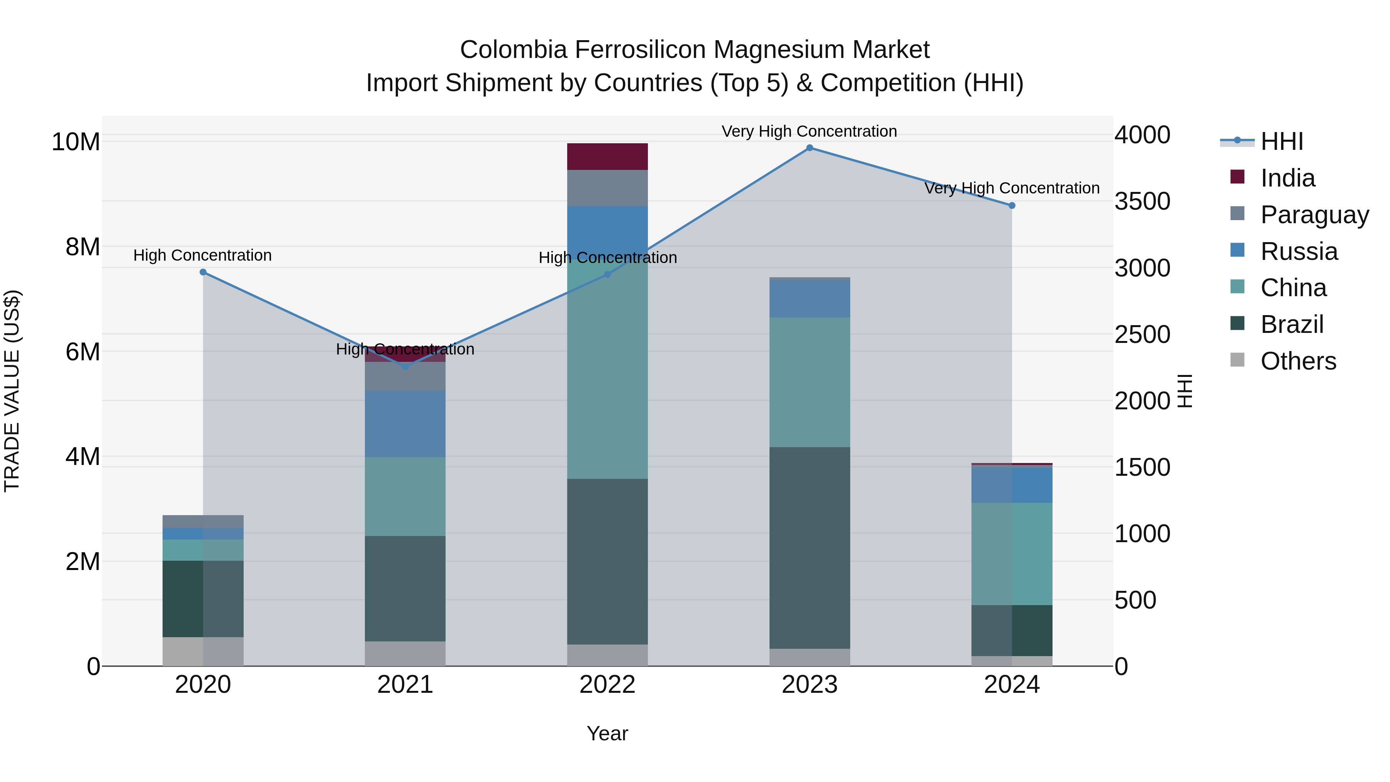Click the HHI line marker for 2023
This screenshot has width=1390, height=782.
[x=809, y=148]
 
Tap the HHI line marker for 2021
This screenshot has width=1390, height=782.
[x=405, y=366]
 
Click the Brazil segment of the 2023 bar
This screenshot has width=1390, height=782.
[x=809, y=547]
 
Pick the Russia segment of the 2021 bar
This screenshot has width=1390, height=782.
[x=405, y=424]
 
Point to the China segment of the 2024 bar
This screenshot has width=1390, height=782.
[x=1012, y=554]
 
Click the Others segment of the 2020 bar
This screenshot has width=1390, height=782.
[x=203, y=651]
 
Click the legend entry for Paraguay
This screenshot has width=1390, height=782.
[x=1314, y=215]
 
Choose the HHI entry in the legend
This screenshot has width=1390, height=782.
[x=1282, y=141]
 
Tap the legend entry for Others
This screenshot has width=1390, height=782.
[x=1298, y=361]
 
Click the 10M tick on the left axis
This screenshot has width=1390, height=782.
[x=76, y=142]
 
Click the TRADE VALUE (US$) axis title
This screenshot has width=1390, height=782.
[x=12, y=391]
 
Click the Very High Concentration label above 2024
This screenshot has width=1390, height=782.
[x=1012, y=188]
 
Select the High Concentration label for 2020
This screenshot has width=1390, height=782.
[x=202, y=255]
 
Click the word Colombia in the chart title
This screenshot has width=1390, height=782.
[x=513, y=50]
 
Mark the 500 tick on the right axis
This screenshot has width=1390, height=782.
[x=1135, y=600]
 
